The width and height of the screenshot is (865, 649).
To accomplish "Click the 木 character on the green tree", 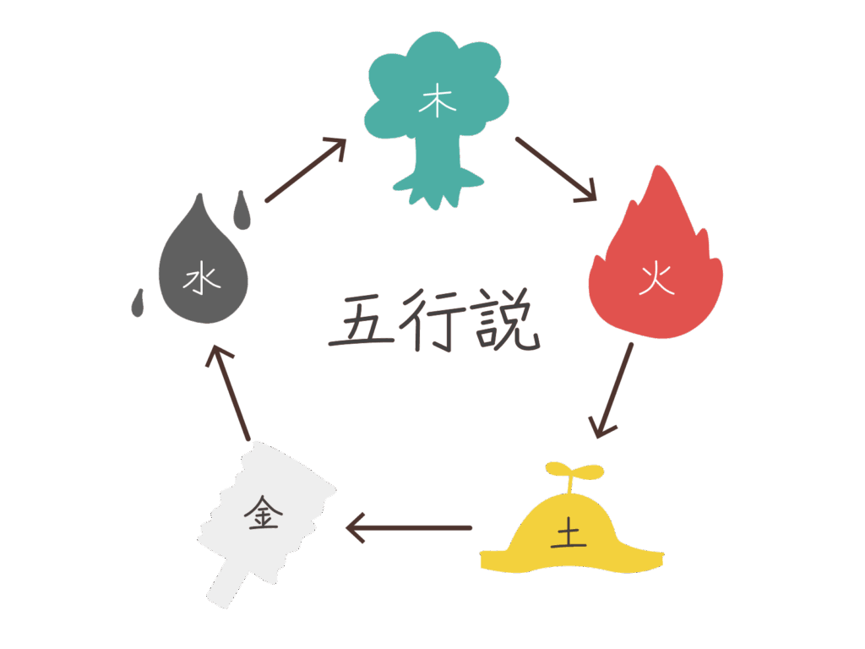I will click(x=438, y=103).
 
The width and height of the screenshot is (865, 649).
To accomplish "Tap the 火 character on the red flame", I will click(x=656, y=278).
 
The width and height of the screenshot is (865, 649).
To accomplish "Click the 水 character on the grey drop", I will click(x=202, y=278).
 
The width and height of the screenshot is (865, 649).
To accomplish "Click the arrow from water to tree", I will click(x=306, y=170).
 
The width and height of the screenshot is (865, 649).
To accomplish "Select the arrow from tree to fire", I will click(x=556, y=169).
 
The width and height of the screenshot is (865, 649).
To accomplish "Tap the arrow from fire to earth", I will click(x=613, y=390).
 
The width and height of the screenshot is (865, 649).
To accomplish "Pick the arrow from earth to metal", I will click(x=409, y=528).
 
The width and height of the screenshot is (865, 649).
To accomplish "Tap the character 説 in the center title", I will click(x=507, y=319).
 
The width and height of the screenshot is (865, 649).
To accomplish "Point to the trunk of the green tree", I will click(x=438, y=165).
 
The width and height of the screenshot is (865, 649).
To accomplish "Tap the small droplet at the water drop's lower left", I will click(x=138, y=303).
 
